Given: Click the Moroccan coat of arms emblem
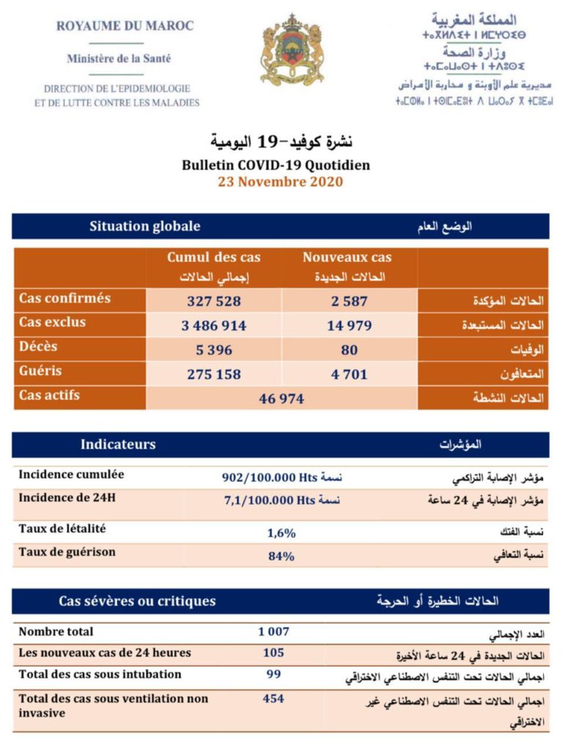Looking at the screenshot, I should click(x=292, y=50).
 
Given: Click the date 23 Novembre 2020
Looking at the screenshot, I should click(x=280, y=182).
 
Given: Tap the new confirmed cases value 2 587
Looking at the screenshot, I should click(x=347, y=301).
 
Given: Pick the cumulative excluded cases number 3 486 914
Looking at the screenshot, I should click(x=214, y=326).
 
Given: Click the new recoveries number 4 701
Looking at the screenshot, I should click(x=347, y=375).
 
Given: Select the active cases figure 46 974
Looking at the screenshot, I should click(x=281, y=398).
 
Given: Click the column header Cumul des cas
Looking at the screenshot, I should click(x=214, y=257).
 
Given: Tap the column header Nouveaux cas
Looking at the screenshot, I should click(x=347, y=257).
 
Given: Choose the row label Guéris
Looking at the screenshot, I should click(x=40, y=371).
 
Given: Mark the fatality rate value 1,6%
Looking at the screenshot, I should click(x=281, y=533).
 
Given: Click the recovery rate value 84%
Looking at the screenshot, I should click(x=281, y=556).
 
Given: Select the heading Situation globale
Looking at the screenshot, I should click(x=145, y=226).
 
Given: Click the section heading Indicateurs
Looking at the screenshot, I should click(x=118, y=444).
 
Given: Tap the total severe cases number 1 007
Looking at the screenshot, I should click(x=274, y=631).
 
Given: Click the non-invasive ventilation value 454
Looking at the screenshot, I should click(x=274, y=699).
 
